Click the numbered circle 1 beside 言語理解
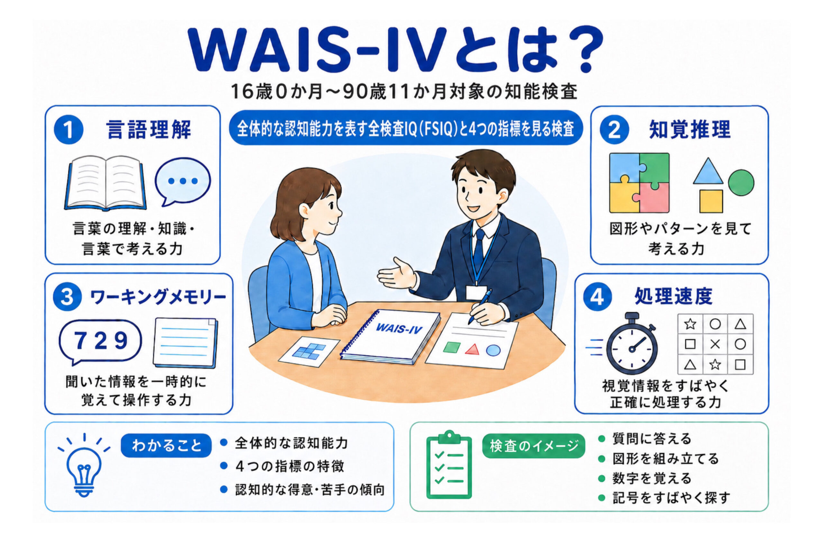pyautogui.click(x=68, y=130)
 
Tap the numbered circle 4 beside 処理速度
pyautogui.click(x=597, y=297)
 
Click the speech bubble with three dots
pyautogui.click(x=182, y=181)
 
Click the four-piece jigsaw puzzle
pyautogui.click(x=639, y=183)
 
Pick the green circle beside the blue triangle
pyautogui.click(x=741, y=182)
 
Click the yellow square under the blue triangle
pyautogui.click(x=711, y=201)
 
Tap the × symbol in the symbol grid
pyautogui.click(x=715, y=344)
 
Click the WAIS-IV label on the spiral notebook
pyautogui.click(x=399, y=329)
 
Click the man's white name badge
pyautogui.click(x=477, y=293)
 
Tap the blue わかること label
pyautogui.click(x=166, y=446)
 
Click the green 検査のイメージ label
pyautogui.click(x=533, y=446)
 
